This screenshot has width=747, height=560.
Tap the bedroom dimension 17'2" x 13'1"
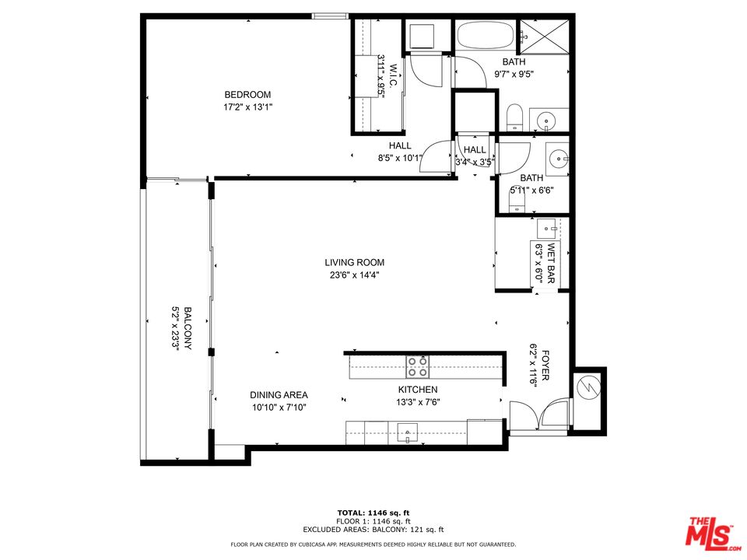pyautogui.click(x=247, y=107)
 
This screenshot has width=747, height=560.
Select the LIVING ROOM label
pyautogui.click(x=355, y=262)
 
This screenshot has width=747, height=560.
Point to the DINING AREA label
pyautogui.click(x=279, y=394)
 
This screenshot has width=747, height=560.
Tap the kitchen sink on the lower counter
pyautogui.click(x=407, y=432)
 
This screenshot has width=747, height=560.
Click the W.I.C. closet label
pyautogui.click(x=394, y=75)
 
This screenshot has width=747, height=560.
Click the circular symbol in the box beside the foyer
pyautogui.click(x=588, y=387)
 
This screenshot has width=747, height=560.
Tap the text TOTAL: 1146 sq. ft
pyautogui.click(x=373, y=513)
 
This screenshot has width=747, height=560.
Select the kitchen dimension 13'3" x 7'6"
pyautogui.click(x=417, y=401)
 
